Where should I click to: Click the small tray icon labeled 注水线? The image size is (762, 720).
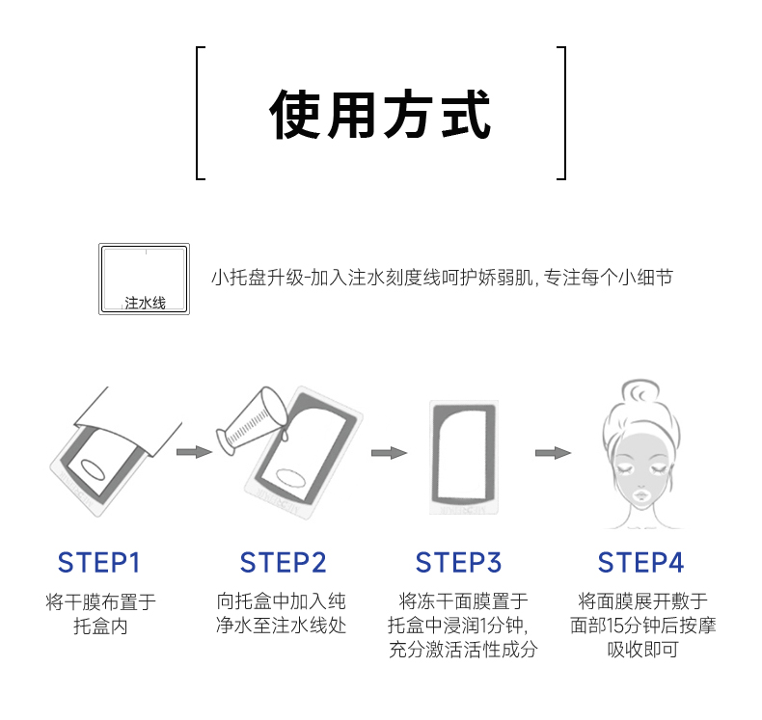click(145, 278)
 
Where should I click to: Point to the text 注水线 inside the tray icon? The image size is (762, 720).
click(145, 303)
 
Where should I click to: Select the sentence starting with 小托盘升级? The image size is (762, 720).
click(441, 278)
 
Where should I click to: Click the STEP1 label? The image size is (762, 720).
click(99, 562)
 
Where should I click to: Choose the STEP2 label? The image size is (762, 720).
click(283, 562)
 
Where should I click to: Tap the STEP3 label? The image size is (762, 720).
click(458, 562)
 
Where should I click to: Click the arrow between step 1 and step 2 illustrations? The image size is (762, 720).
click(194, 451)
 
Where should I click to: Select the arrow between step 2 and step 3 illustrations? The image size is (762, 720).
click(388, 452)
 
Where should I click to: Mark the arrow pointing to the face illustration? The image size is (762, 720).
click(553, 452)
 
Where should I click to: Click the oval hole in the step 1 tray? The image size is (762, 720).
click(96, 468)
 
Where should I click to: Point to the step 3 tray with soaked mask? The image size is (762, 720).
click(466, 452)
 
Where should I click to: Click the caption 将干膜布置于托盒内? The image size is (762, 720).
click(100, 614)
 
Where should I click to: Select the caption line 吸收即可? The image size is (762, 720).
click(642, 650)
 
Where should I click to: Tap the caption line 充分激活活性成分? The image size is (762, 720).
click(462, 649)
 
